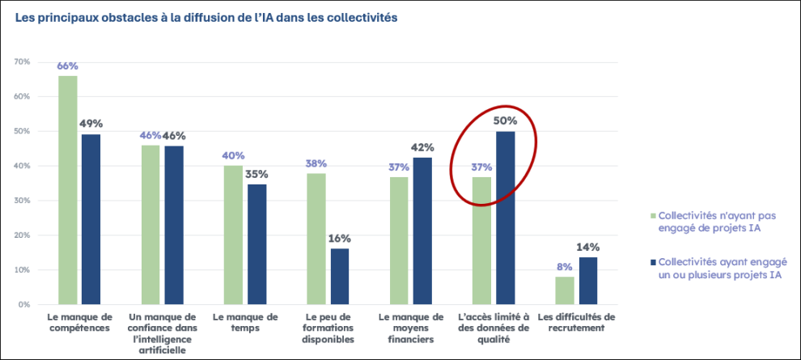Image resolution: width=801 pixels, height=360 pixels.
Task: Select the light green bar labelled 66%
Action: pyautogui.click(x=67, y=190)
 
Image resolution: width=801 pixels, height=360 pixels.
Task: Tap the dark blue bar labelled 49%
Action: pyautogui.click(x=91, y=219)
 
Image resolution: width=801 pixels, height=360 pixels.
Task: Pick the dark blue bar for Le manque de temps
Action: pyautogui.click(x=257, y=244)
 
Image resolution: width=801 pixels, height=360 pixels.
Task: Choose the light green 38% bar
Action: pyautogui.click(x=316, y=239)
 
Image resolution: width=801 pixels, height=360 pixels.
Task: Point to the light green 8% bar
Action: pyautogui.click(x=566, y=290)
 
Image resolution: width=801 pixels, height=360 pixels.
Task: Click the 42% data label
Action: pyautogui.click(x=423, y=148)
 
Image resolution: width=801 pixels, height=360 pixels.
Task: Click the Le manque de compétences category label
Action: pyautogui.click(x=79, y=322)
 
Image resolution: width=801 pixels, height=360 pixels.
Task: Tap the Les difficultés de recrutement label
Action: pyautogui.click(x=577, y=322)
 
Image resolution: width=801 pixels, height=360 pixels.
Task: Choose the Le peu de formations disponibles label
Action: pyautogui.click(x=328, y=328)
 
